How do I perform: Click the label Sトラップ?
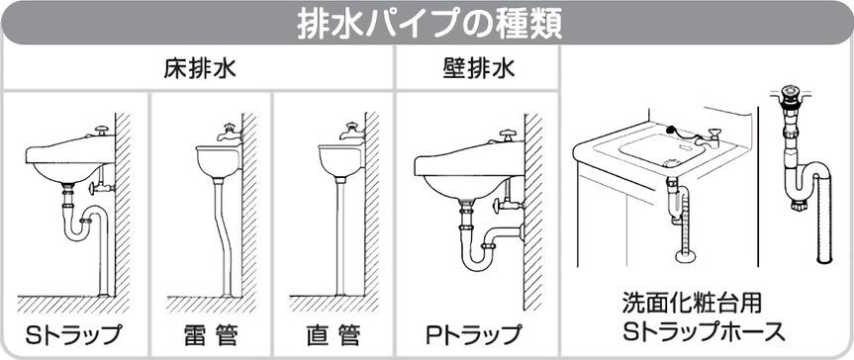click(74, 330)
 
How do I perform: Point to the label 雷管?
click(211, 330)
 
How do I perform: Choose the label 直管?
click(333, 330)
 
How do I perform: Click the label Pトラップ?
click(473, 330)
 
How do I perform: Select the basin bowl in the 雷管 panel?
click(218, 161)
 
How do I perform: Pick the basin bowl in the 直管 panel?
click(339, 161)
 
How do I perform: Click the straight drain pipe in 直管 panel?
click(339, 237)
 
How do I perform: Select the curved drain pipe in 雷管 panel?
click(219, 237)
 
